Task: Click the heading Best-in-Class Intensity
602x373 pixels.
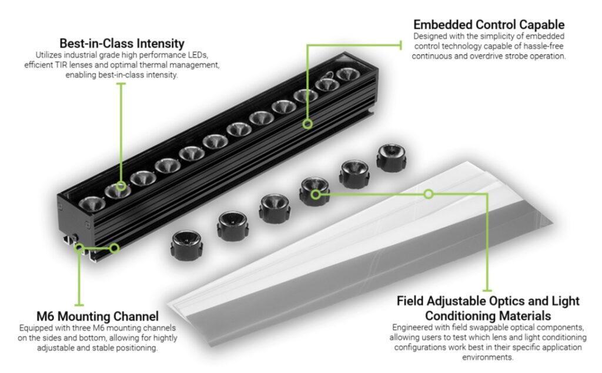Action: pyautogui.click(x=122, y=44)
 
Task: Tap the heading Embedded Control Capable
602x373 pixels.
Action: pyautogui.click(x=489, y=25)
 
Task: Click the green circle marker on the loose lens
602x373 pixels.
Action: pyautogui.click(x=316, y=194)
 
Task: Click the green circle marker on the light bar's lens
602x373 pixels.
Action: pyautogui.click(x=121, y=187)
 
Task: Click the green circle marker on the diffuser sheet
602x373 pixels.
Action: pyautogui.click(x=429, y=194)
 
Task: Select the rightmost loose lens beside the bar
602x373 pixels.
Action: pyautogui.click(x=391, y=156)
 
